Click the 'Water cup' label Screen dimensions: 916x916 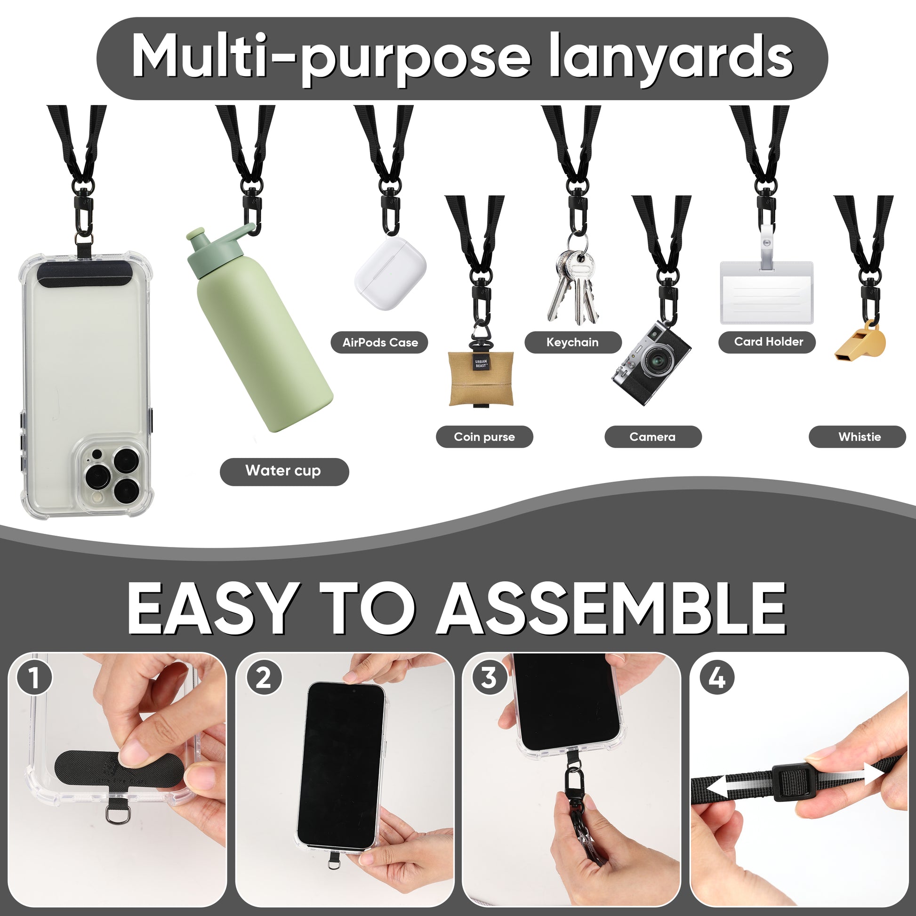tap(284, 471)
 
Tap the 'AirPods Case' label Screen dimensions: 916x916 tap(380, 342)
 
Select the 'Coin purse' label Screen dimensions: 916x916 tap(484, 437)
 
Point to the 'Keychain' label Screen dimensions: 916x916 tap(573, 342)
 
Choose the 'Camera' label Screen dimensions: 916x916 tap(653, 437)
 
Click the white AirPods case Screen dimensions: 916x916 tap(390, 273)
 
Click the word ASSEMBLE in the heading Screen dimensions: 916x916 tap(612, 608)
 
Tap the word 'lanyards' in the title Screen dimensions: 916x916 tap(671, 57)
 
